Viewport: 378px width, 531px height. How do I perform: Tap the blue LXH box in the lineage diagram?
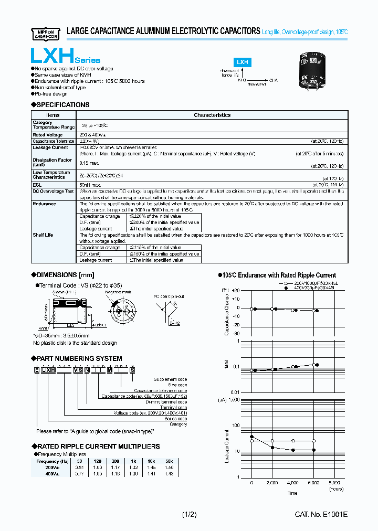243,62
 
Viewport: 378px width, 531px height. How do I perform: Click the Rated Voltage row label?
47,135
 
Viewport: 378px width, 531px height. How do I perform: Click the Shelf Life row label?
43,235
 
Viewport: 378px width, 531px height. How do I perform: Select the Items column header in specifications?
53,115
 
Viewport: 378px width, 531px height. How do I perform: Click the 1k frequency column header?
133,461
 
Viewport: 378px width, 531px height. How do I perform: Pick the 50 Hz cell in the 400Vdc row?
80,473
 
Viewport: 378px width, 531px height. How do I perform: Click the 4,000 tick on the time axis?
292,482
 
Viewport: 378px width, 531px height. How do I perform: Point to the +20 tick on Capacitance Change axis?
236,291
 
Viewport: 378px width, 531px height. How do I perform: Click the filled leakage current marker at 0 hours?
252,437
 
